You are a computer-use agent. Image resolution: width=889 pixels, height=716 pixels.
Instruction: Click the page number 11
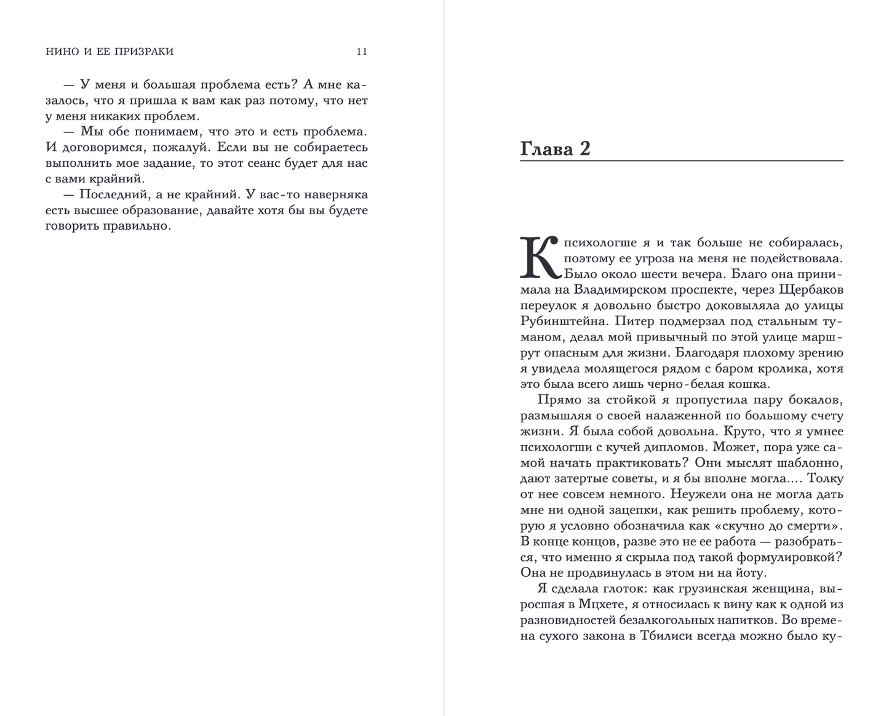coord(362,52)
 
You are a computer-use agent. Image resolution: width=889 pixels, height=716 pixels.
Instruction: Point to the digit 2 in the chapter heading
coord(584,148)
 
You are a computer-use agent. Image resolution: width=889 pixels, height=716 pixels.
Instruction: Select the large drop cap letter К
coord(539,257)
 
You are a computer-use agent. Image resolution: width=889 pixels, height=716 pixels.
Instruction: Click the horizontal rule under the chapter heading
coord(682,161)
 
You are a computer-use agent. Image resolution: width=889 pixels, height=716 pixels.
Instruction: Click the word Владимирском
coord(617,289)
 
